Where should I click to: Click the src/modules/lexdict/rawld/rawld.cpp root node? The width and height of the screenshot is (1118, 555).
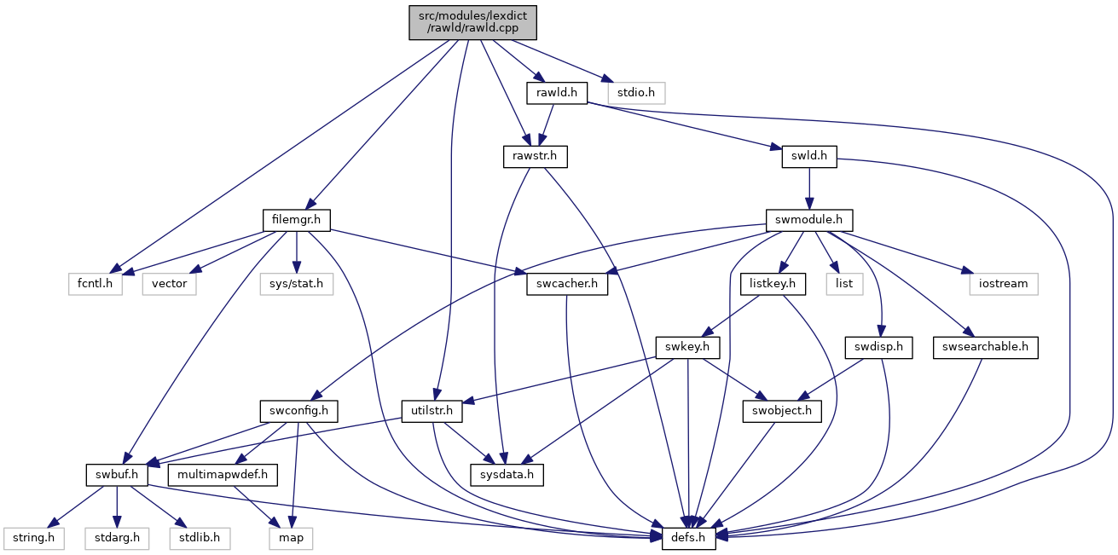point(472,22)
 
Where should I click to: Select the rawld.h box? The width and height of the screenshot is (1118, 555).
point(557,93)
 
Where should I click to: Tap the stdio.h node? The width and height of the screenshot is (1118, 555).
point(636,93)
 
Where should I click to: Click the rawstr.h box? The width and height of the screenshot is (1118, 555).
point(535,156)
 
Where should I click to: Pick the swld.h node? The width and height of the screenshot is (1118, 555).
point(809,156)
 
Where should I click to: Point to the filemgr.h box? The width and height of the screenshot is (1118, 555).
point(297,220)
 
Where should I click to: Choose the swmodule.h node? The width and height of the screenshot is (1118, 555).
point(809,220)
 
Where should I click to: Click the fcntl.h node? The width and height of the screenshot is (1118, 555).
point(95,284)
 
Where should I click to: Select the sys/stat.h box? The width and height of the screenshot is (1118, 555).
point(297,284)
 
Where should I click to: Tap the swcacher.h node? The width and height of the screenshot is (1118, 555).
point(567,284)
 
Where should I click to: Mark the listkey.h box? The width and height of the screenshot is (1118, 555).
point(773,284)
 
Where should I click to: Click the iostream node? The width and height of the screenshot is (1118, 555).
point(1004,284)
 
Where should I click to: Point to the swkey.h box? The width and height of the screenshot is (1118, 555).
point(687,347)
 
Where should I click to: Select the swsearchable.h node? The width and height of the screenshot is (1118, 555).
point(985,347)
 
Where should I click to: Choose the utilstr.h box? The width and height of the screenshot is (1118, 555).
point(432,411)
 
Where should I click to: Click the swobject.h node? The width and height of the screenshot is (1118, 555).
point(782,411)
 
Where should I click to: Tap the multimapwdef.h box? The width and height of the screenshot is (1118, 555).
point(223,475)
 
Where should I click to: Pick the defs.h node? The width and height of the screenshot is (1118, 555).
point(688,538)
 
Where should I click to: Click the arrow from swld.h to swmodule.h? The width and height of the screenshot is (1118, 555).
point(809,188)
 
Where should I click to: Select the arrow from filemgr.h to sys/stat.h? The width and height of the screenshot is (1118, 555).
point(297,252)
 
